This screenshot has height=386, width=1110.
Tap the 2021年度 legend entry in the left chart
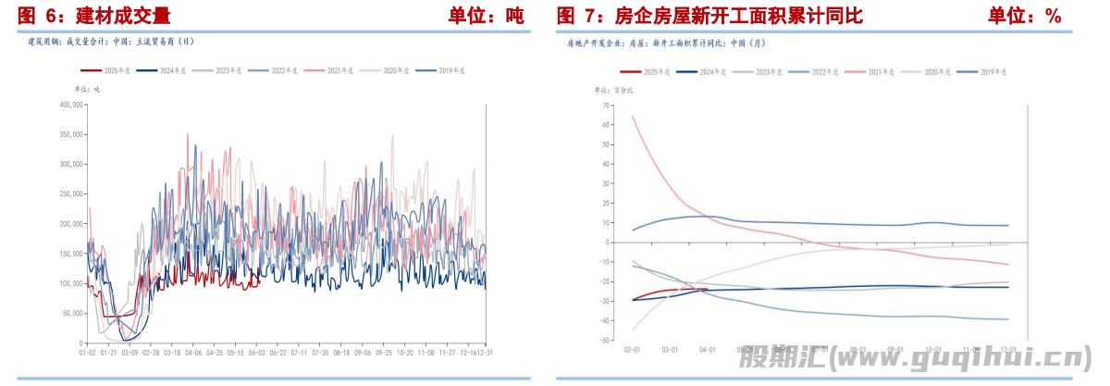[x=341, y=70]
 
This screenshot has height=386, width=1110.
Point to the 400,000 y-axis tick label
[x=71, y=105]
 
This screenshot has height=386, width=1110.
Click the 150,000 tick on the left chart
[x=71, y=254]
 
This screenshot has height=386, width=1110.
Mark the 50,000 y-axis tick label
[x=73, y=313]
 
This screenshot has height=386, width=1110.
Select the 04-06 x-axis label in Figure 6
[x=193, y=353]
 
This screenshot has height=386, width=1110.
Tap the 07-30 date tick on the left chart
[x=319, y=353]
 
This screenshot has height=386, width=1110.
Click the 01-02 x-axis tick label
[x=88, y=353]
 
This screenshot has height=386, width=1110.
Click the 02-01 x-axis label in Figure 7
[x=633, y=350]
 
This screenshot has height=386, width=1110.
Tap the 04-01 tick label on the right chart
[x=708, y=350]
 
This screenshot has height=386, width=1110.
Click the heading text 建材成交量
[x=120, y=16]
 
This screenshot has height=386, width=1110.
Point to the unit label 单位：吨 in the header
[x=487, y=16]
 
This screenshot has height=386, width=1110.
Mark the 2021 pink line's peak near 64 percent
[x=633, y=117]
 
